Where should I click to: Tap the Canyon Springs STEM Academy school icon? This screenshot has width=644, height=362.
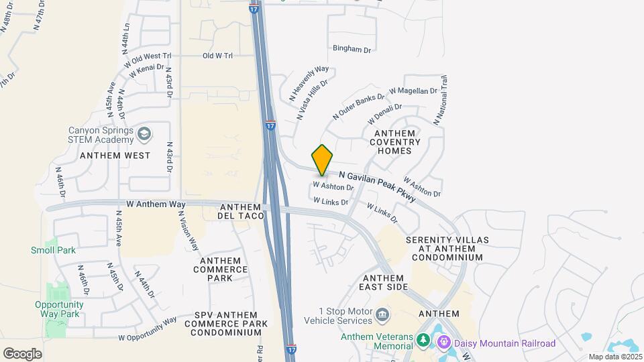coord(143,135)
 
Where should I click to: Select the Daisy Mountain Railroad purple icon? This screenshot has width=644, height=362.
coord(443,343)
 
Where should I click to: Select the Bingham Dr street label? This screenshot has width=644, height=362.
coord(352,49)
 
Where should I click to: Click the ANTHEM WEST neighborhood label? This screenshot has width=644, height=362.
coord(115,155)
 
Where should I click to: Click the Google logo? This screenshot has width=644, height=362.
coord(22,353)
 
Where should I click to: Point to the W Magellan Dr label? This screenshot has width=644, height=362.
coord(413,90)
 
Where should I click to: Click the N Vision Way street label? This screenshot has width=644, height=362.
coord(188,232)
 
